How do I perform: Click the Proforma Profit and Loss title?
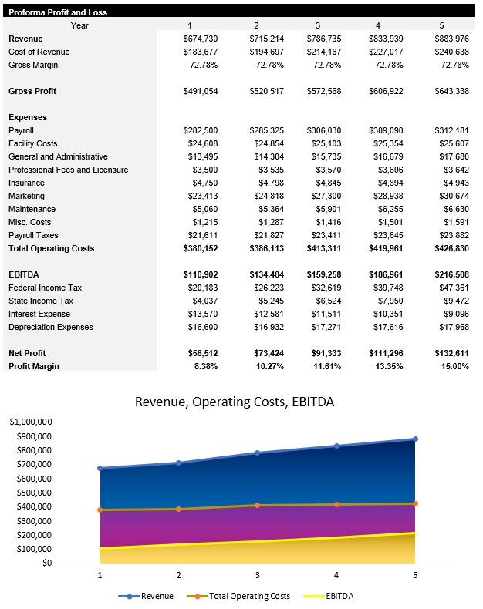coord(58,12)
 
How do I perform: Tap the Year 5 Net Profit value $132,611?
coord(451,353)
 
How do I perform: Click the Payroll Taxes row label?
coord(33,235)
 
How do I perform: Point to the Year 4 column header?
coord(378,25)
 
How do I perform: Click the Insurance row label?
coord(27,183)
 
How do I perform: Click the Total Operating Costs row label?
coord(51,248)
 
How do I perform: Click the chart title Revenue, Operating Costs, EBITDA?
coord(235,402)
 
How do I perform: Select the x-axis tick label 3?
coord(257,575)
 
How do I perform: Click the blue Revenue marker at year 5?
coord(415,439)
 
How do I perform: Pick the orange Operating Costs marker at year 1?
coord(100,510)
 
